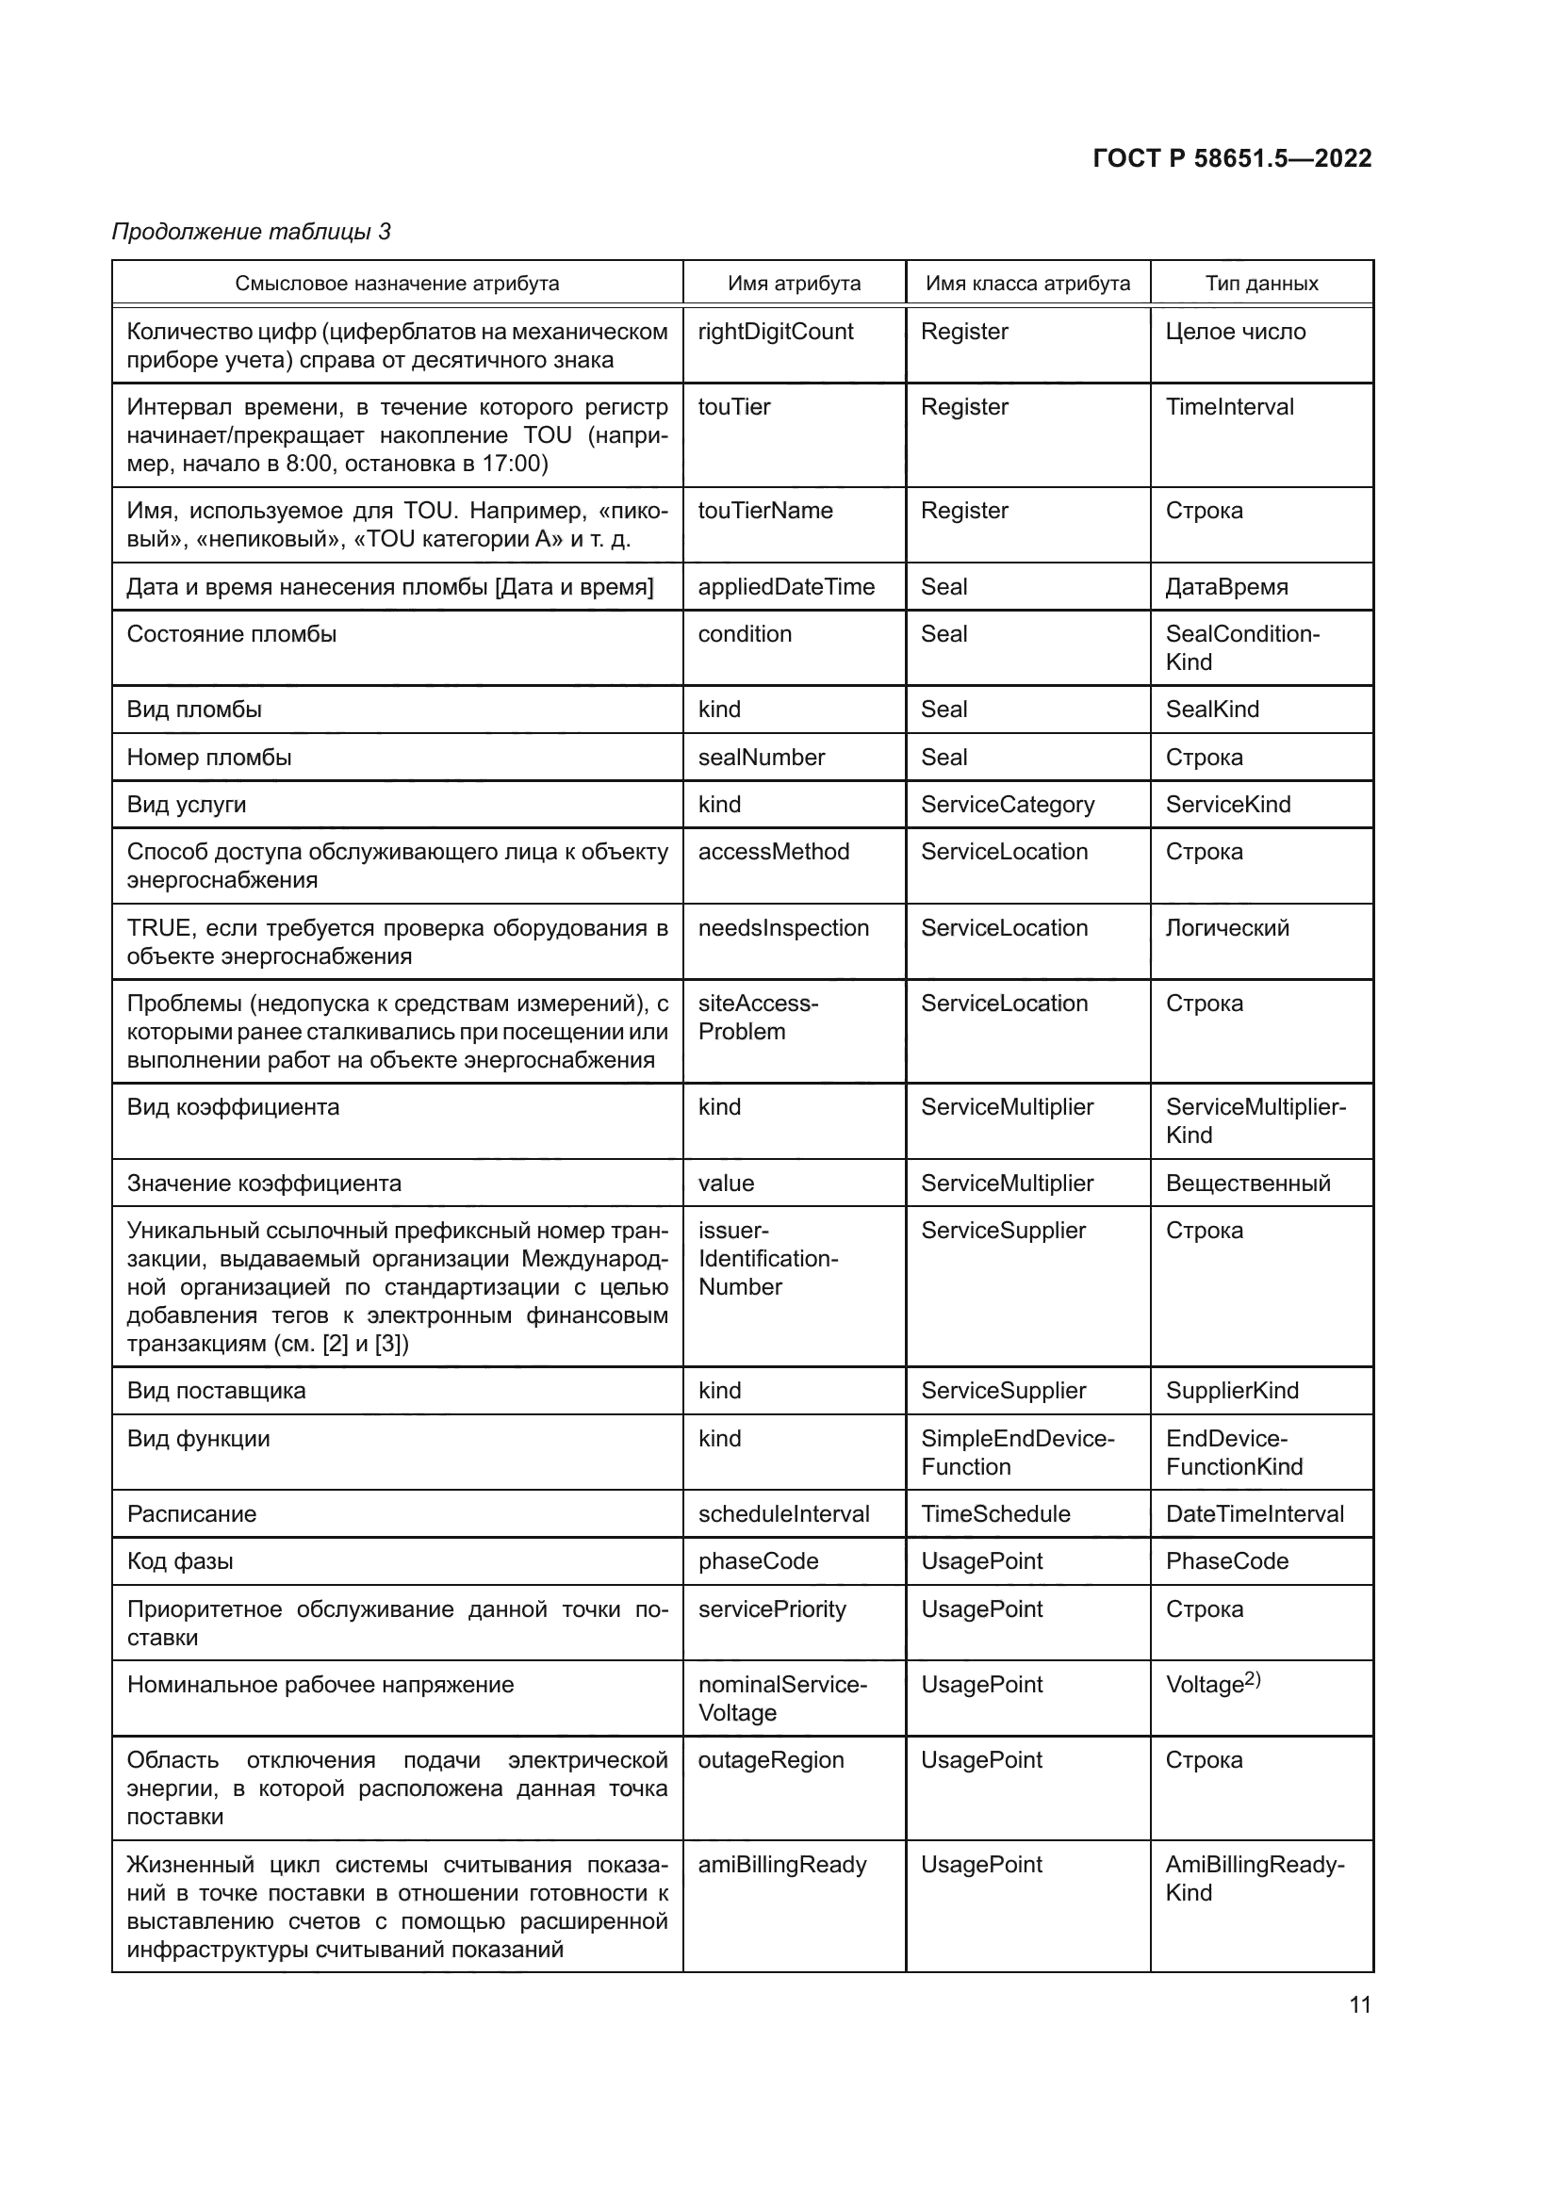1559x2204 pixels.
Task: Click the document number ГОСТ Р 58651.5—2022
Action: point(1232,158)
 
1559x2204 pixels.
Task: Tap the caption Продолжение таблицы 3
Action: point(252,232)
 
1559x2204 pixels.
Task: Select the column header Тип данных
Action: point(1261,284)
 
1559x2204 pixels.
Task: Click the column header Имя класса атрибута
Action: point(1027,284)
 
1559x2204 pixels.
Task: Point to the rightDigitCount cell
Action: point(775,332)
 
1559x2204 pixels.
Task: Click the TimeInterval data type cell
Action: point(1229,407)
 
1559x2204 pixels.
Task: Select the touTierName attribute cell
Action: point(765,511)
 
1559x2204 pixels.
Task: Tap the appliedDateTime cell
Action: point(786,586)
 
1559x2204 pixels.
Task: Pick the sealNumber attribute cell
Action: point(762,758)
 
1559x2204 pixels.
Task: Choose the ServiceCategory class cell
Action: point(1007,805)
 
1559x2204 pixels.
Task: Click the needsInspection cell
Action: point(783,928)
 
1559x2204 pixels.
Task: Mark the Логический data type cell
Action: point(1227,928)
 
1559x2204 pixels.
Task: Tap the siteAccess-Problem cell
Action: point(758,1018)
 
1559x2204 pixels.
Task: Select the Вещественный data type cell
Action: point(1248,1184)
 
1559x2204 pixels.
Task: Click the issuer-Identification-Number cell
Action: point(767,1259)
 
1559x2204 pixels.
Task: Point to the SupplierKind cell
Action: point(1232,1391)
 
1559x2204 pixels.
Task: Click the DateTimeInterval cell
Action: point(1255,1514)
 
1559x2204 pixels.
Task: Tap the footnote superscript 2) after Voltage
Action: point(1253,1679)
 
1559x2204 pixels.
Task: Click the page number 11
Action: point(1359,2004)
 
